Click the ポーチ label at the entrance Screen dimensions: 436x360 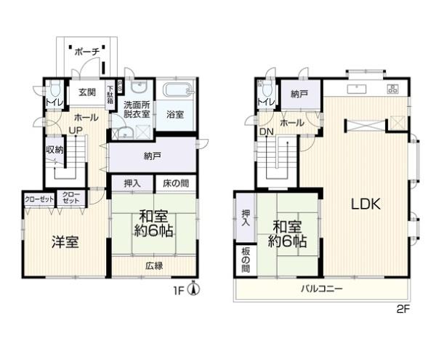87,52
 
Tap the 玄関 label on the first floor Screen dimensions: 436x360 87,92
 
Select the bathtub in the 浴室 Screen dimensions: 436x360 178,90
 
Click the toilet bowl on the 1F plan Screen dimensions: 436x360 55,89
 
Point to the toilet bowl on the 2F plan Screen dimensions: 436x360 267,89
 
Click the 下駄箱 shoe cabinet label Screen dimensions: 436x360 110,95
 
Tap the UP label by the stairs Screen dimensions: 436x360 76,130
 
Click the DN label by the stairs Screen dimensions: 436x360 267,132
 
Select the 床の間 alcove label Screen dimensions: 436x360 176,183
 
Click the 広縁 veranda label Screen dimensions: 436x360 154,266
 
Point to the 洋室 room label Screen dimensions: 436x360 65,242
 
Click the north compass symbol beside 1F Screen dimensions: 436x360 195,289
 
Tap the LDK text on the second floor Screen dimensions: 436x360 366,204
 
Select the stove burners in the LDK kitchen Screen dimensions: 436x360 393,89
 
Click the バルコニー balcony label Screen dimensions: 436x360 322,289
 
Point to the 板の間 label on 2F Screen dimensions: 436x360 246,260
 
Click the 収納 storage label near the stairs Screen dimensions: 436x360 54,150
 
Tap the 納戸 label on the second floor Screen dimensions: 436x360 299,95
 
